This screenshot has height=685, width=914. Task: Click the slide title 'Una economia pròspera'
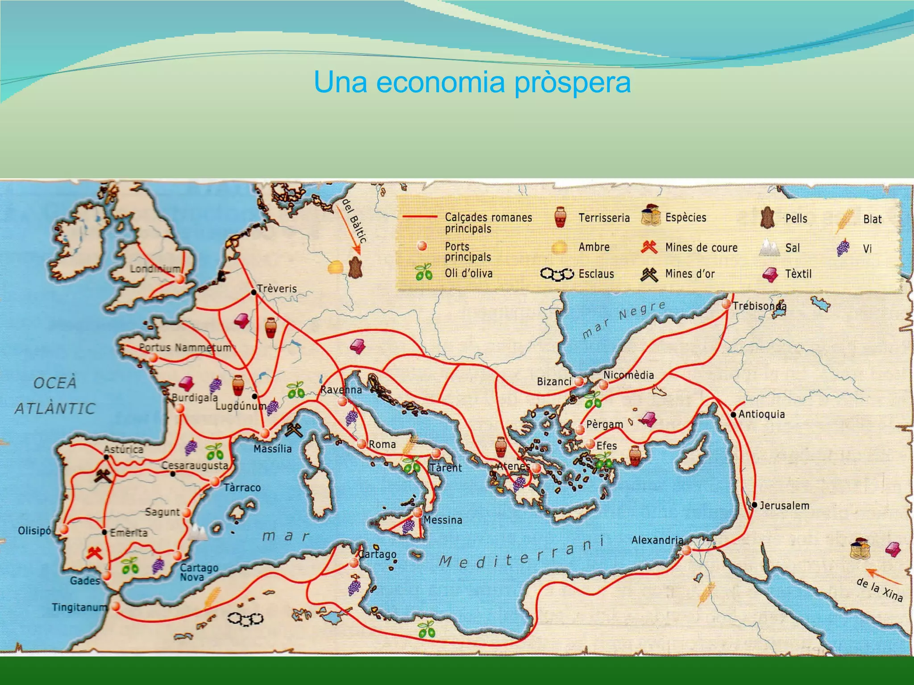tap(472, 82)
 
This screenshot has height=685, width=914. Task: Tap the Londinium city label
tap(155, 269)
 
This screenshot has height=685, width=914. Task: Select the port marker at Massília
tap(265, 433)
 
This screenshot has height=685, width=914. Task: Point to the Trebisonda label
tap(759, 306)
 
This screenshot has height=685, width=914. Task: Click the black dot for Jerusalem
tap(754, 505)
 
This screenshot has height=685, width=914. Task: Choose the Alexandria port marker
tap(686, 550)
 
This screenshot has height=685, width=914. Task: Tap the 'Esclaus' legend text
tap(596, 274)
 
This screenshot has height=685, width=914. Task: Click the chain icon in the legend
tap(557, 274)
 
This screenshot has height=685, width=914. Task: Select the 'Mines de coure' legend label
tap(701, 248)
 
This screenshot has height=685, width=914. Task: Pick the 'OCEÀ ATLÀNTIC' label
tap(55, 396)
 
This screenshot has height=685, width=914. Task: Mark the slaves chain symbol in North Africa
tap(245, 619)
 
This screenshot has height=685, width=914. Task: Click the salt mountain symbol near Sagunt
tap(198, 532)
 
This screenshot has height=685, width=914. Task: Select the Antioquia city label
tap(761, 414)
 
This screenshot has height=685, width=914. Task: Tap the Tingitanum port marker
tap(116, 607)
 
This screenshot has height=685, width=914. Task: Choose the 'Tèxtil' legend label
tap(798, 274)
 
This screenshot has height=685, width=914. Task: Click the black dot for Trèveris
tap(253, 292)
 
